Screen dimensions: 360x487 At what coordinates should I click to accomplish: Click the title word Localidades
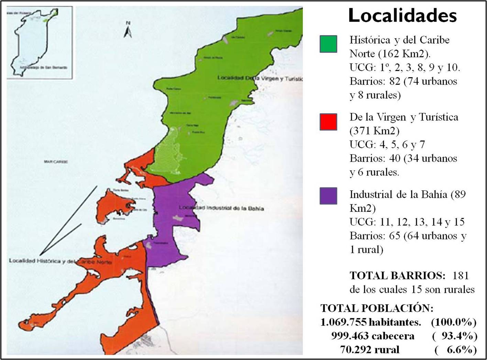[402, 16]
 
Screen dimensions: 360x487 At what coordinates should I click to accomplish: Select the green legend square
[328, 44]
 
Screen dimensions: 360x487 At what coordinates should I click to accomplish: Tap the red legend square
[328, 122]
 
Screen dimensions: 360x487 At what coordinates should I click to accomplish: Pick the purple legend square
[328, 196]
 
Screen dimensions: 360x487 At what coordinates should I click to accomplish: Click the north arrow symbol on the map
[128, 30]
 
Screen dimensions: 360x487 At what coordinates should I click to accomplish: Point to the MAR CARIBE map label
[56, 161]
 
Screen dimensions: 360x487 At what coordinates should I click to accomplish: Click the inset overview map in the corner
[40, 42]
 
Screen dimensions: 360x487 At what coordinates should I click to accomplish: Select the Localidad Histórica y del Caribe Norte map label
[60, 261]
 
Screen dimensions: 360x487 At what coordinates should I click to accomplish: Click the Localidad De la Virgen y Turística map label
[260, 78]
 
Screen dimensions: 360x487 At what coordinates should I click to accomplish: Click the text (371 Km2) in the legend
[375, 131]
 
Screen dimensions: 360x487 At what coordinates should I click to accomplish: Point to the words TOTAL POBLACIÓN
[377, 308]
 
